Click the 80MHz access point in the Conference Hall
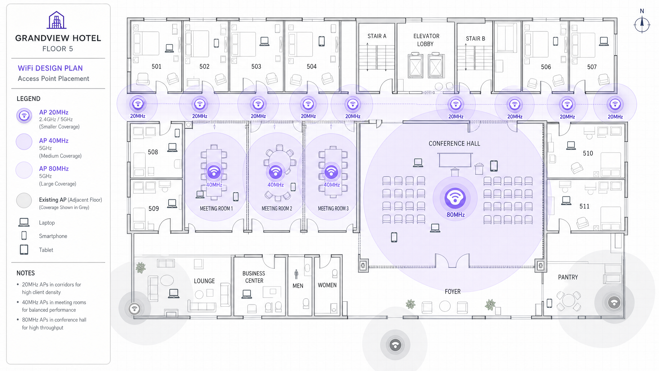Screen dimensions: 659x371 click(455, 198)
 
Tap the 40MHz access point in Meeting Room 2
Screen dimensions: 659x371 click(275, 172)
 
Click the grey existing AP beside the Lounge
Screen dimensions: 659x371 click(134, 308)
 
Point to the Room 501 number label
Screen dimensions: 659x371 click(157, 66)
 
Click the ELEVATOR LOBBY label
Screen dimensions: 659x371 click(426, 40)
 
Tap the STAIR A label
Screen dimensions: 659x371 click(377, 36)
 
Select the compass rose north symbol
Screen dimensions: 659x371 click(642, 23)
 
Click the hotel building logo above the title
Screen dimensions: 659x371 click(57, 20)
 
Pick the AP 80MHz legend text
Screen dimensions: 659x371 click(54, 168)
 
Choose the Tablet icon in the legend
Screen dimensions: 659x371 click(24, 250)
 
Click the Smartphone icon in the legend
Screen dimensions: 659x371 click(24, 235)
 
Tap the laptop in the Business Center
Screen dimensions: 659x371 click(247, 294)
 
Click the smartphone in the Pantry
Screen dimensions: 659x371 click(549, 303)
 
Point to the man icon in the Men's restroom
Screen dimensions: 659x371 click(296, 274)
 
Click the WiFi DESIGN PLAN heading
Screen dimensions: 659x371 click(50, 68)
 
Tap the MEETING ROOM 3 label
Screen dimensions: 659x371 click(333, 208)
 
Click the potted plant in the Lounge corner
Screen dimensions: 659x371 click(141, 267)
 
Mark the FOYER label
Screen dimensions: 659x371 click(453, 292)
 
